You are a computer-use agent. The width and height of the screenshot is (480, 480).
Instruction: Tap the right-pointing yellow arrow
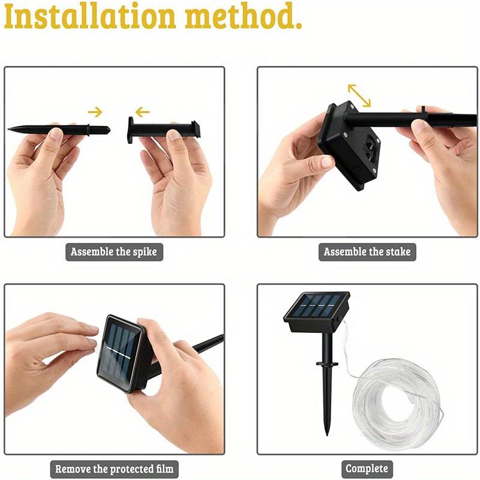[95, 111]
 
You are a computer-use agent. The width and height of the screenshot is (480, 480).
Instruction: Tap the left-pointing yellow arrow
[142, 112]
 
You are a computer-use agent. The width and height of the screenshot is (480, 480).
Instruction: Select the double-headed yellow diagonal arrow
[359, 95]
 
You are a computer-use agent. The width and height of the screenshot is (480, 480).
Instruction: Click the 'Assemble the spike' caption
[113, 251]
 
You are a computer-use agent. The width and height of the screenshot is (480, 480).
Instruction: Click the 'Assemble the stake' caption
[367, 251]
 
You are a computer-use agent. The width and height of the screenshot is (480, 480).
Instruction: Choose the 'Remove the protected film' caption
[113, 469]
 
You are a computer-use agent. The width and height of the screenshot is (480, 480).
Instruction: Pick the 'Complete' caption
[367, 469]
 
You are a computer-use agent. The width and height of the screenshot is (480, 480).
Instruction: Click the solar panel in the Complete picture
[316, 308]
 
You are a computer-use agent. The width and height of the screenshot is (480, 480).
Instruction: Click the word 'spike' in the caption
[141, 252]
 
